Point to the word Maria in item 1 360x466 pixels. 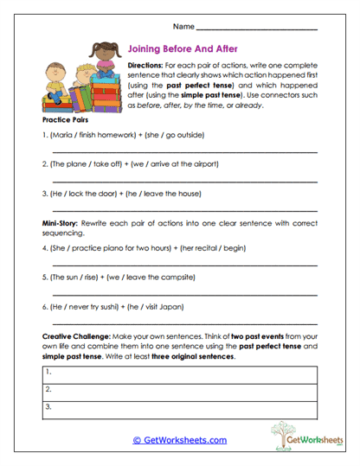click(x=64, y=135)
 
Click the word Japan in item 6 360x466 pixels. click(x=173, y=305)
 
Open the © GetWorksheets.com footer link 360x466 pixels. click(x=179, y=439)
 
